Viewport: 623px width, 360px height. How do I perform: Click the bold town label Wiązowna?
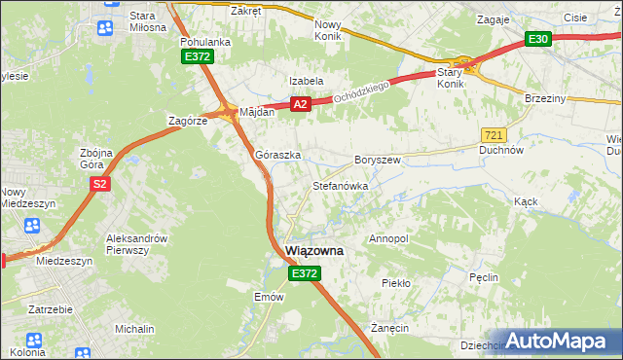coord(314,250)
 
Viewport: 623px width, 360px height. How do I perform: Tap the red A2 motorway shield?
coord(300,104)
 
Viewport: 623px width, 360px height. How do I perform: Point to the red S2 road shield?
coord(99,184)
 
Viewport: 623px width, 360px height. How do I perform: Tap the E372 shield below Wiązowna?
coord(304,275)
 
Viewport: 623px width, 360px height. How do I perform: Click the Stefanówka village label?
coord(339,185)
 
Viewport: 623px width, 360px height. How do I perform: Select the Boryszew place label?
coord(378,159)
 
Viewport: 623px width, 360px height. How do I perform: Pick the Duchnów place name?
coord(502,151)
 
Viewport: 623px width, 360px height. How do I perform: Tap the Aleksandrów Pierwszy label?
coord(141,244)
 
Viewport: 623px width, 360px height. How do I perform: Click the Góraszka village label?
coord(277,155)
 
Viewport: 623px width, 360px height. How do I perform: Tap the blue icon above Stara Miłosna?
coord(104,28)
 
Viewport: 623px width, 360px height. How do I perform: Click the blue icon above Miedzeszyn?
coord(31,226)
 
